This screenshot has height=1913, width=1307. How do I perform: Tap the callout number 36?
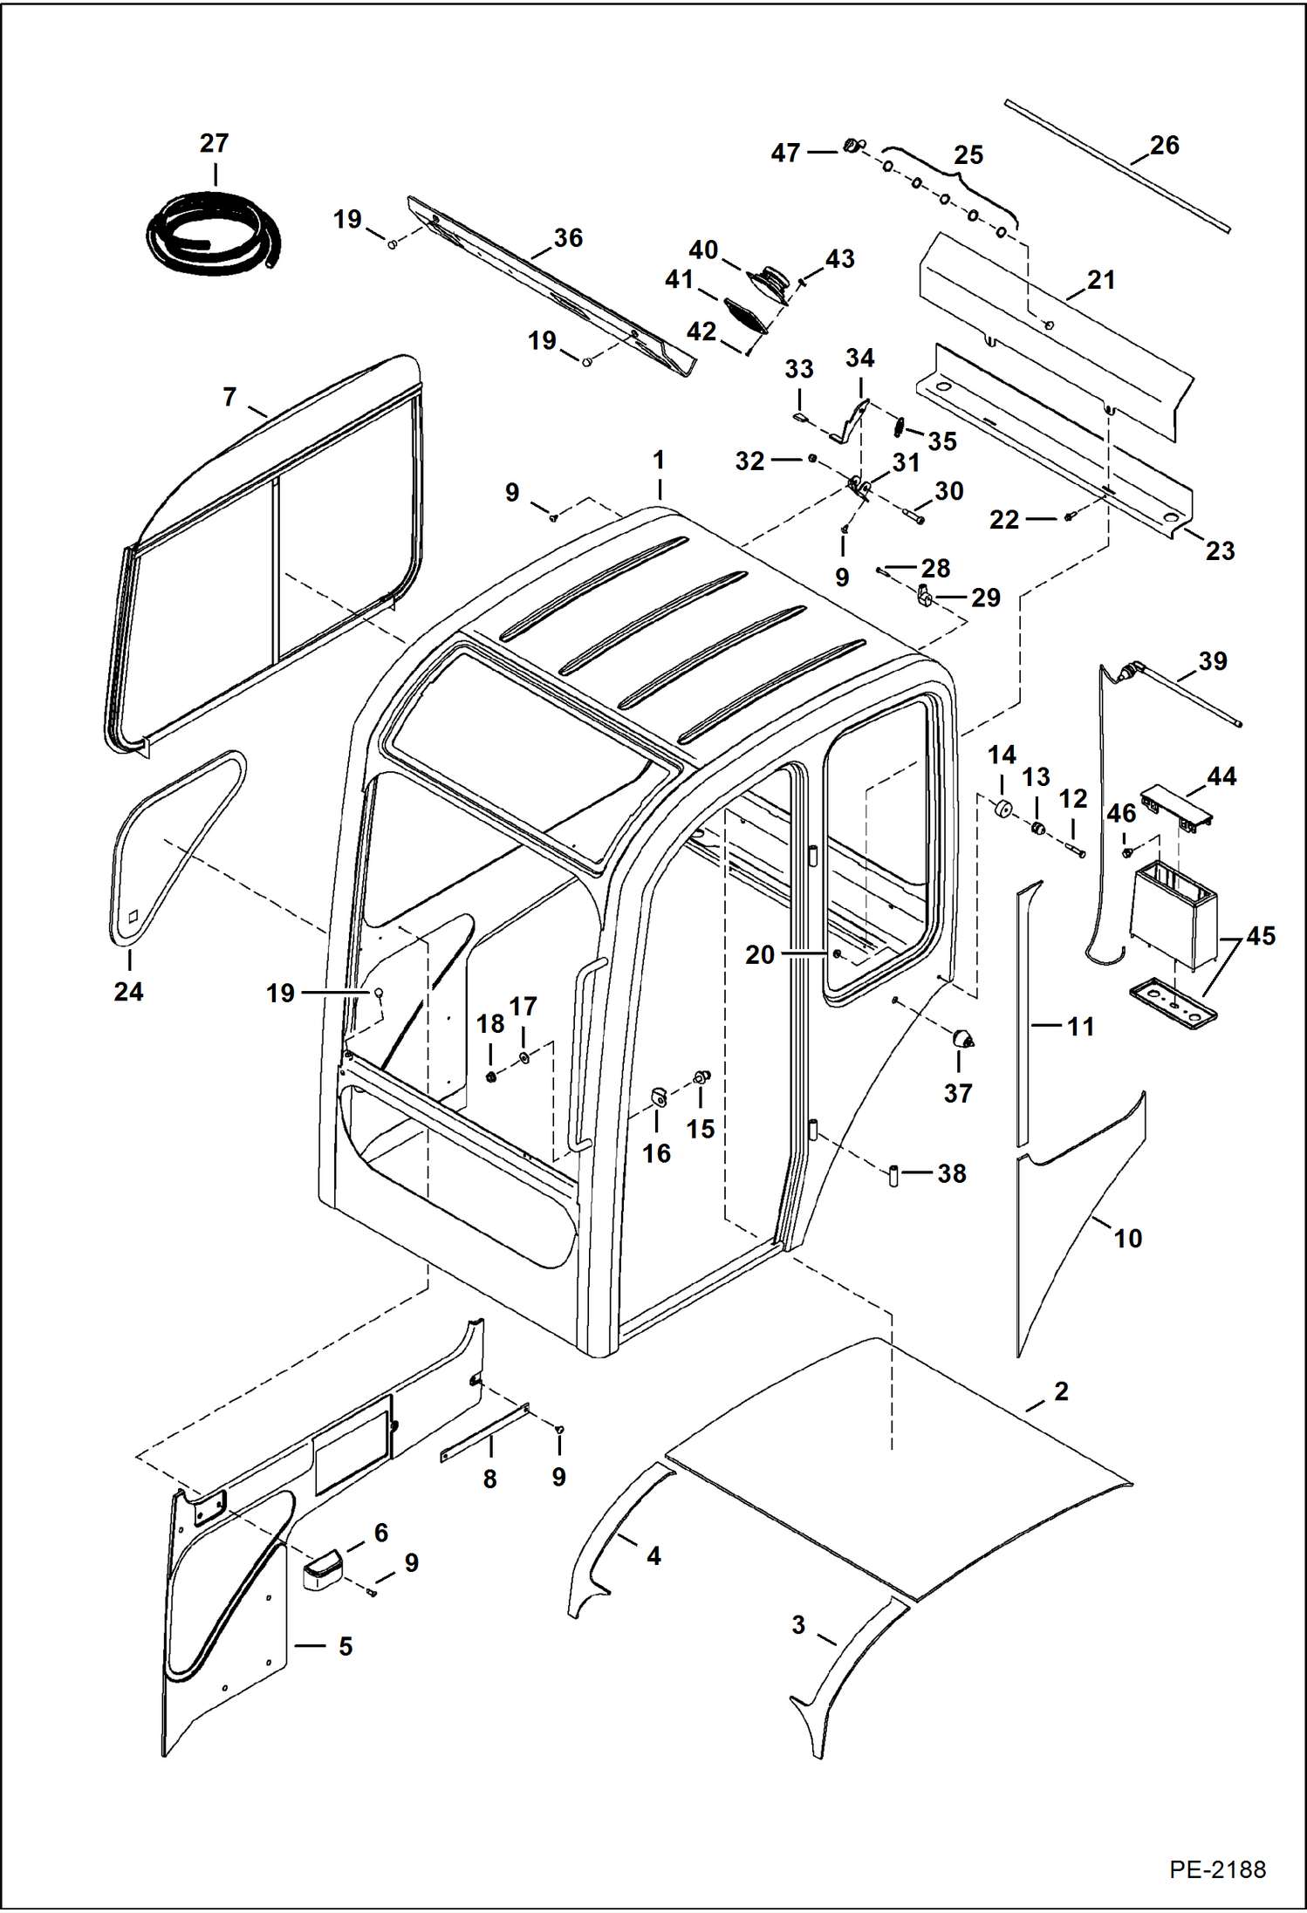pyautogui.click(x=568, y=238)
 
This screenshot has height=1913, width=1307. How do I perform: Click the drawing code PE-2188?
pyautogui.click(x=1217, y=1870)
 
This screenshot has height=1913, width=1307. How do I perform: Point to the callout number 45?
pyautogui.click(x=1261, y=936)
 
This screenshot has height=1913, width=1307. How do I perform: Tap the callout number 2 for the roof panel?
pyautogui.click(x=1061, y=1391)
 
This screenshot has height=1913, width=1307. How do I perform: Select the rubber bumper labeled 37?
pyautogui.click(x=961, y=1038)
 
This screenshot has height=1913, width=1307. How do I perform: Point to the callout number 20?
pyautogui.click(x=759, y=955)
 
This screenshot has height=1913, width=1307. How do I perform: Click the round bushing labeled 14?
pyautogui.click(x=1002, y=809)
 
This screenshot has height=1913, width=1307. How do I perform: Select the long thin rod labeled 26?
pyautogui.click(x=1117, y=166)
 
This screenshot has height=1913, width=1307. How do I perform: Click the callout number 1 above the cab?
pyautogui.click(x=659, y=460)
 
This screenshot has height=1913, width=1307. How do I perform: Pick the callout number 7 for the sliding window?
pyautogui.click(x=229, y=398)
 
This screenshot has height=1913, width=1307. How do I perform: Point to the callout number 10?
pyautogui.click(x=1127, y=1238)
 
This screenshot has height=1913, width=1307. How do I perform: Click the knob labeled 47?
pyautogui.click(x=851, y=146)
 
